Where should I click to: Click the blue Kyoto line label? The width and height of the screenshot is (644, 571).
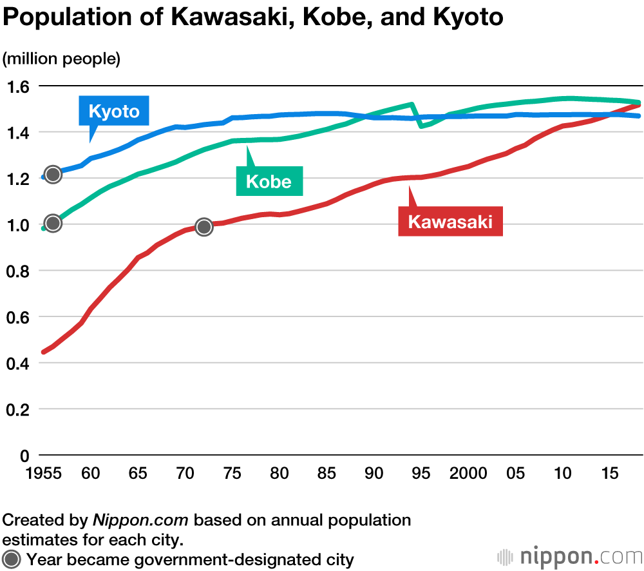(114, 111)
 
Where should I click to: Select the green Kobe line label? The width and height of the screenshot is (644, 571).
(269, 181)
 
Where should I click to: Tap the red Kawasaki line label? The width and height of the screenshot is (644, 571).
(450, 222)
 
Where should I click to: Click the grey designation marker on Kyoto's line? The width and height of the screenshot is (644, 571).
(53, 174)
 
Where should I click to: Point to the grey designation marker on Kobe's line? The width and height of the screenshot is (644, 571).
(53, 223)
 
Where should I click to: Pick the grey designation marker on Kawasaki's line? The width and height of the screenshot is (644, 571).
(204, 226)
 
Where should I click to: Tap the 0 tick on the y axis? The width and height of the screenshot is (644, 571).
(24, 456)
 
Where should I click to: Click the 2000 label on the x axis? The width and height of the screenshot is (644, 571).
(469, 474)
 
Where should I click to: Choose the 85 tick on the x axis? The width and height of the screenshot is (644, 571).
(327, 474)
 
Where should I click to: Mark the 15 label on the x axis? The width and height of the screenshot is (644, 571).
(610, 474)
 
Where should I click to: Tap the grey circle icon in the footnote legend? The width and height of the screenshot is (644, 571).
(12, 559)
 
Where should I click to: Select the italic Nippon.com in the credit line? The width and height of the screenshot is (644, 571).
(140, 519)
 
